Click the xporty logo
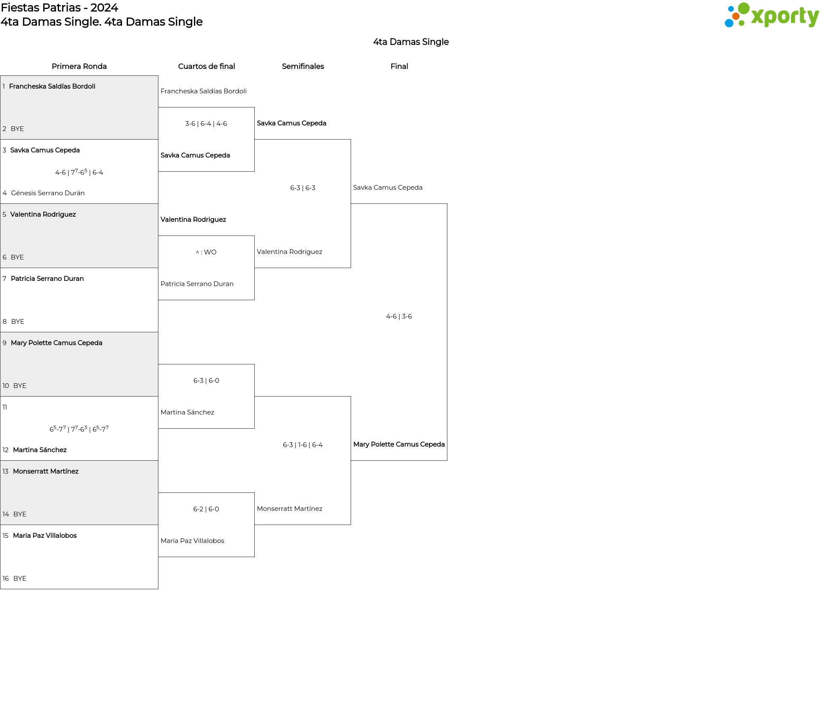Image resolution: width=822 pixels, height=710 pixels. (x=771, y=15)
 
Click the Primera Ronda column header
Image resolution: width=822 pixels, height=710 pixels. (x=79, y=66)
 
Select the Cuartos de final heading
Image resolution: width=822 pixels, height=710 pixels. (x=206, y=66)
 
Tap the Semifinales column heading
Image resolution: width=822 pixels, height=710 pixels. (x=303, y=66)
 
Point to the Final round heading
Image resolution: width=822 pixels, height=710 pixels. (x=399, y=66)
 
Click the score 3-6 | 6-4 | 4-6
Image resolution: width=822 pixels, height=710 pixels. (x=206, y=124)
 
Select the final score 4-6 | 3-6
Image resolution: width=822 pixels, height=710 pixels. (x=399, y=316)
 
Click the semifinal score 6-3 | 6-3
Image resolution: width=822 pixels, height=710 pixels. (x=303, y=188)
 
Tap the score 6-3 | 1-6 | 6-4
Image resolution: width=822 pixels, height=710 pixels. (x=303, y=445)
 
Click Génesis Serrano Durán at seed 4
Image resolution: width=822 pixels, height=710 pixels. (x=48, y=193)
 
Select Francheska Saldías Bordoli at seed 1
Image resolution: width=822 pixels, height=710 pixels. (x=52, y=87)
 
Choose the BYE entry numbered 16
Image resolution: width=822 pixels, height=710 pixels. (x=19, y=579)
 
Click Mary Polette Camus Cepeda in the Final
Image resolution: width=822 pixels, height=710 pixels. (x=399, y=444)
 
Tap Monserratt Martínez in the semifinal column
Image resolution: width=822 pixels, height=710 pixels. (x=289, y=509)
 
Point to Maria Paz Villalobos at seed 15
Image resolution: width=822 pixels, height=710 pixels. (x=45, y=536)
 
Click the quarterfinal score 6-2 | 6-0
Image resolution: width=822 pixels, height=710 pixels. (x=206, y=509)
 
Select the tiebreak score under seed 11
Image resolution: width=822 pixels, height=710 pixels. (x=79, y=429)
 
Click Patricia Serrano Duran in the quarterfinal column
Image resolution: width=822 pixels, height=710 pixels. (x=197, y=284)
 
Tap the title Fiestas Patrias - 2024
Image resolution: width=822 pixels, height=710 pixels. (x=60, y=8)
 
